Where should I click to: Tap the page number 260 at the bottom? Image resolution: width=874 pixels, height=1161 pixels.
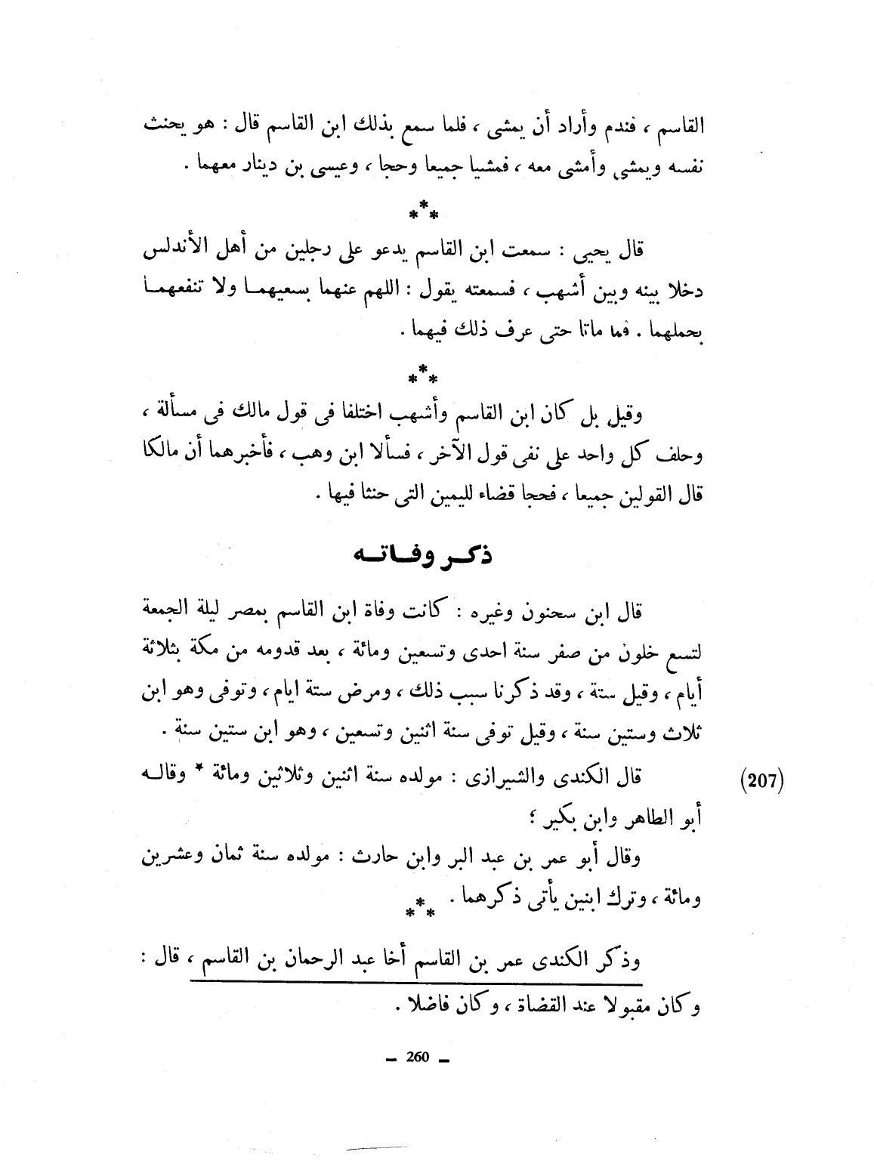click(416, 1058)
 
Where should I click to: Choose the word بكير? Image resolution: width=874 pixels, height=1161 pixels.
click(537, 817)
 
